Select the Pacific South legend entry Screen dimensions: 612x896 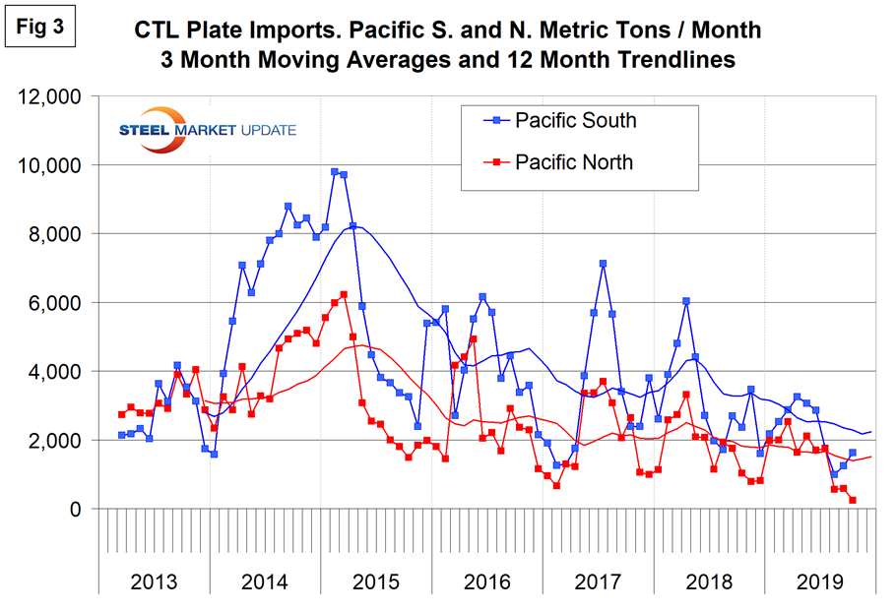click(x=576, y=121)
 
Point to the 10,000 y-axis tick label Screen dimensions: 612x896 click(x=52, y=165)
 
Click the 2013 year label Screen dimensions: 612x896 click(x=155, y=581)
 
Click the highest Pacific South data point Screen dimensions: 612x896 click(x=335, y=172)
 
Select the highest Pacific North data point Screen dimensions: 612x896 click(x=344, y=294)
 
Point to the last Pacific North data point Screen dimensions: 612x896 click(x=853, y=500)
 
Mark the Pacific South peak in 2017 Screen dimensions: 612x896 click(x=603, y=264)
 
